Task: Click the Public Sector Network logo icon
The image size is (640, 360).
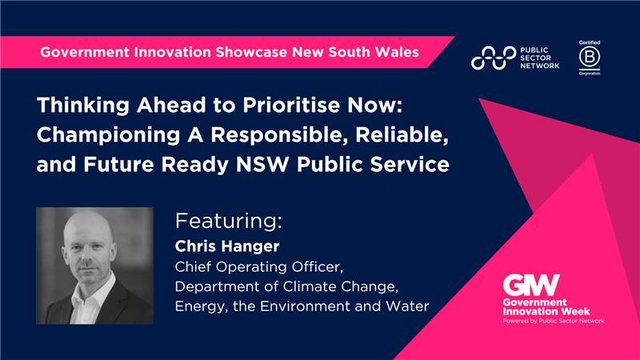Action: (x=493, y=58)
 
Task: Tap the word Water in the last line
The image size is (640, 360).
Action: (x=411, y=306)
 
